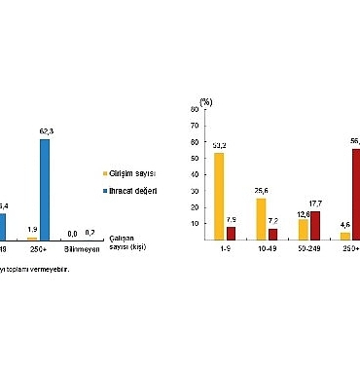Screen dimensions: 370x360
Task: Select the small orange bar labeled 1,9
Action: (32, 237)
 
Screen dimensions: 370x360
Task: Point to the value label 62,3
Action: (47, 133)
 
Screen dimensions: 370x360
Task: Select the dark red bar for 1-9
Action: (231, 233)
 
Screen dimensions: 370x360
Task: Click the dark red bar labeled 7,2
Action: (272, 234)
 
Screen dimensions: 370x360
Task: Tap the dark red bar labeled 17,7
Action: (314, 225)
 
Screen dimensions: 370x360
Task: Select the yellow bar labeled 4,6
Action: (344, 235)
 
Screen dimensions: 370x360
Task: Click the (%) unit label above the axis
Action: (205, 99)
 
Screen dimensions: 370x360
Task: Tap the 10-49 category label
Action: (267, 249)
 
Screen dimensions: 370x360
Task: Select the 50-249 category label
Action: (309, 249)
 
